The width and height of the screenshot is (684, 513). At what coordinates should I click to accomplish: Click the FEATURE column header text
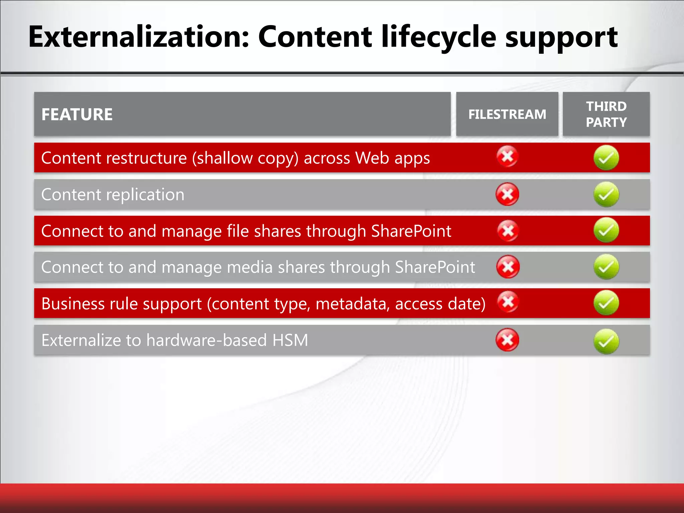pyautogui.click(x=77, y=115)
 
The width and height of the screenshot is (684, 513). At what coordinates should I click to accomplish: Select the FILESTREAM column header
pyautogui.click(x=507, y=115)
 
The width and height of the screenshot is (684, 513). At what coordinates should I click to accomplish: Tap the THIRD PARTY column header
pyautogui.click(x=606, y=115)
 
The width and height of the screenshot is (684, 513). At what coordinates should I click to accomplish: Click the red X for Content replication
pyautogui.click(x=507, y=194)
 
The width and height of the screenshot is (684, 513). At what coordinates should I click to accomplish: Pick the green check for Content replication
pyautogui.click(x=606, y=194)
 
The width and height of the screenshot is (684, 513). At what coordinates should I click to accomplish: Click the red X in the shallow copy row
pyautogui.click(x=507, y=156)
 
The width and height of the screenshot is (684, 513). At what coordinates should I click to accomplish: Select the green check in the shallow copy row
pyautogui.click(x=606, y=158)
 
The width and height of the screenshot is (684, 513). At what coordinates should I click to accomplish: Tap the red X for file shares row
pyautogui.click(x=508, y=230)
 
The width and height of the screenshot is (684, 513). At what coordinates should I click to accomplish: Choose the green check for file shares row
pyautogui.click(x=606, y=230)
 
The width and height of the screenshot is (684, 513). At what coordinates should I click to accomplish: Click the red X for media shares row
pyautogui.click(x=508, y=267)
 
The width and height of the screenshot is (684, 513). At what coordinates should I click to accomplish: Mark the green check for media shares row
pyautogui.click(x=606, y=267)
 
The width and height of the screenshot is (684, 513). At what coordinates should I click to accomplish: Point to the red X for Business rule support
pyautogui.click(x=508, y=302)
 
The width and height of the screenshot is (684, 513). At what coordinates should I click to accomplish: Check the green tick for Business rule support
pyautogui.click(x=606, y=303)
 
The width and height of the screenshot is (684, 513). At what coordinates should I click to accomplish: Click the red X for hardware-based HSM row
pyautogui.click(x=507, y=340)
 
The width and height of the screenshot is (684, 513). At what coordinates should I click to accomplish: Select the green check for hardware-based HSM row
pyautogui.click(x=606, y=341)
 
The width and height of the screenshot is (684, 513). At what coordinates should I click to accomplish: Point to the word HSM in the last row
pyautogui.click(x=290, y=340)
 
